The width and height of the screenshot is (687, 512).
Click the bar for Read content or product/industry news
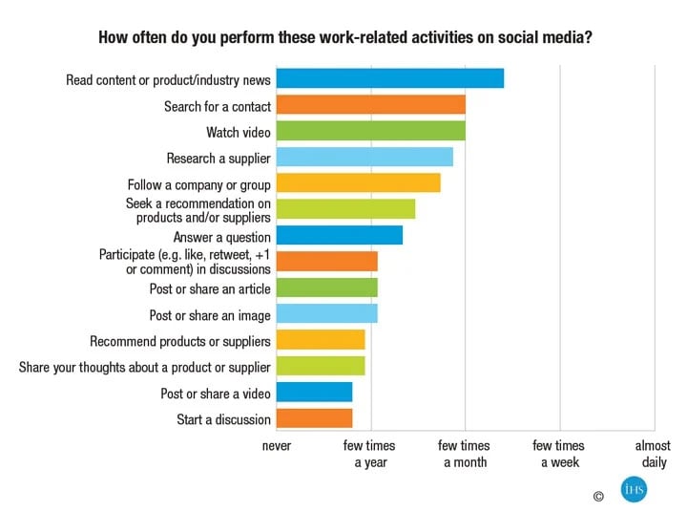click(x=389, y=79)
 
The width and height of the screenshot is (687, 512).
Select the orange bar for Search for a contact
click(x=370, y=106)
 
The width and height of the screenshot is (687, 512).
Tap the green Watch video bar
click(x=370, y=132)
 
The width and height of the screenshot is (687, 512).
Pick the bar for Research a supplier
click(x=364, y=158)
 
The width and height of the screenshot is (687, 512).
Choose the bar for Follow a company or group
click(x=358, y=183)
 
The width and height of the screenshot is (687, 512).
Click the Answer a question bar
click(x=339, y=236)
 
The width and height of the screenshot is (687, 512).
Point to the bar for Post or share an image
click(x=326, y=314)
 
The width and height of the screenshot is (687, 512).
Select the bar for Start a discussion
click(x=314, y=418)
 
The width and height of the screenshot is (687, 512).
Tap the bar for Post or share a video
click(x=314, y=393)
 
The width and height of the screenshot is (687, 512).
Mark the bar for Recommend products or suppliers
click(x=321, y=340)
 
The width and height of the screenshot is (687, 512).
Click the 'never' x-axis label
click(x=277, y=446)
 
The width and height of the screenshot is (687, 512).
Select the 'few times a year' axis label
click(x=369, y=454)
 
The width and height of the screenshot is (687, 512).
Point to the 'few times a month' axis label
click(x=465, y=454)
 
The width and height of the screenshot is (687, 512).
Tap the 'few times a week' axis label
click(x=559, y=454)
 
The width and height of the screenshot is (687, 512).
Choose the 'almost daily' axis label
click(x=654, y=454)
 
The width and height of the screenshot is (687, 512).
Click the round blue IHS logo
click(x=634, y=490)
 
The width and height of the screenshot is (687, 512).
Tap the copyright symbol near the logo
click(x=598, y=496)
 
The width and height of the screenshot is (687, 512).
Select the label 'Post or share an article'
click(x=210, y=288)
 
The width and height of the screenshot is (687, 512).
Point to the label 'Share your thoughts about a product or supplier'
click(x=145, y=367)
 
